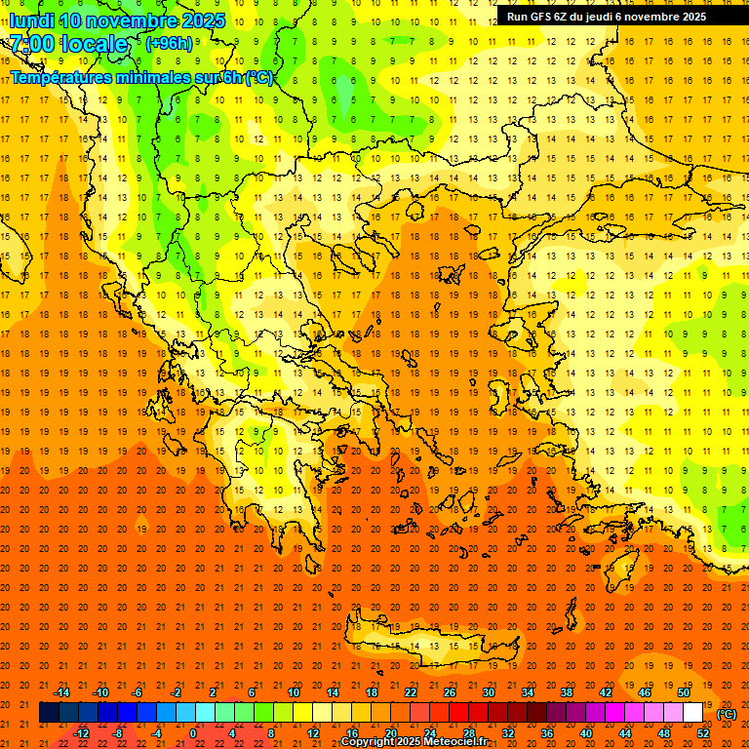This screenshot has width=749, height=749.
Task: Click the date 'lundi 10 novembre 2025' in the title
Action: (x=117, y=20)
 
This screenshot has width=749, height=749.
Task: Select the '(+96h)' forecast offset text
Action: (x=169, y=44)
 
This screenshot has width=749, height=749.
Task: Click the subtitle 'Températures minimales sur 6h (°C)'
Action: (x=141, y=77)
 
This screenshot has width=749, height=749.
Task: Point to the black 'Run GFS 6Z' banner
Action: (x=607, y=17)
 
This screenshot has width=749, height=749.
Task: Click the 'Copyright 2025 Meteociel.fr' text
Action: (x=414, y=742)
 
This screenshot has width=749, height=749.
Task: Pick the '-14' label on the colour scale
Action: (x=61, y=692)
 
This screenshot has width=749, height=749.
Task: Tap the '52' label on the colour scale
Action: (x=703, y=733)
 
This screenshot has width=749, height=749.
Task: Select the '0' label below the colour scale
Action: (x=193, y=733)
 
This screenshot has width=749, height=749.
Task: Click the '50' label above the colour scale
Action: (x=684, y=692)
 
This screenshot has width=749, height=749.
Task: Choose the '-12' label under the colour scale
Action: (x=81, y=733)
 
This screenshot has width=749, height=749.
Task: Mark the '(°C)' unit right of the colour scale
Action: (x=726, y=714)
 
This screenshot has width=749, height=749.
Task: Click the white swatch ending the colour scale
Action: (x=693, y=713)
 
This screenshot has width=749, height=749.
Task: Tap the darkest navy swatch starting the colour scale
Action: (x=49, y=713)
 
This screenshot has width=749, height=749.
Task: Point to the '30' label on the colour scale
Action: (x=488, y=692)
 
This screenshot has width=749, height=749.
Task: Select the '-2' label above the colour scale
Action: (x=176, y=692)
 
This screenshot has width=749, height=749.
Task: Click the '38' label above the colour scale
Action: (x=566, y=692)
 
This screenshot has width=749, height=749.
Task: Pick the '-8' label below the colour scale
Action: (x=119, y=733)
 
